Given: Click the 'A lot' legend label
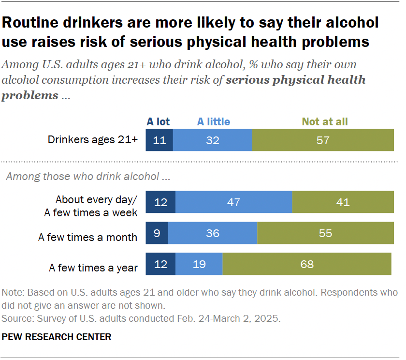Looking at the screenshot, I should click(158, 122).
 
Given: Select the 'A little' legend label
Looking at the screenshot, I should click(213, 122).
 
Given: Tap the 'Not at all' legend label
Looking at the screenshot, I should click(324, 122).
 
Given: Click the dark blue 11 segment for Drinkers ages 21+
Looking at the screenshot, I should click(159, 140).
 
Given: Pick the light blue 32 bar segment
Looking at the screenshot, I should click(212, 140).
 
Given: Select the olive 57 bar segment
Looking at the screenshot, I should click(323, 140).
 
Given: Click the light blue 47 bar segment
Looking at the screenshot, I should click(233, 202).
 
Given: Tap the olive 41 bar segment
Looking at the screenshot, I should click(343, 202).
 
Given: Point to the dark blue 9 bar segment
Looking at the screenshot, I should click(157, 233).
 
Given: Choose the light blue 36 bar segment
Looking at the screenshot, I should click(212, 233).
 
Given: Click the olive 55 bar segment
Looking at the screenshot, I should click(325, 233).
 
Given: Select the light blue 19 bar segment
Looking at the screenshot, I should click(199, 264).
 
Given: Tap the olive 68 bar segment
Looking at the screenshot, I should click(306, 264).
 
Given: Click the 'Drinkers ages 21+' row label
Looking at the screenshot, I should click(93, 140).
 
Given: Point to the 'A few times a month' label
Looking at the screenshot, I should click(87, 238).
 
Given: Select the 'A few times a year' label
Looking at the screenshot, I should click(93, 268).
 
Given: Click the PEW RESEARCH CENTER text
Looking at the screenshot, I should click(57, 337).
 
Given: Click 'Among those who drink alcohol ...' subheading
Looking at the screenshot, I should click(87, 177).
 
